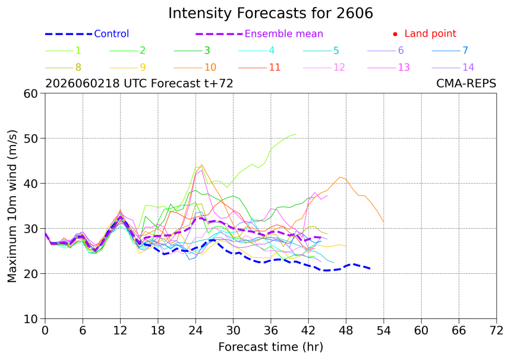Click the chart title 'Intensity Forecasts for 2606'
270,14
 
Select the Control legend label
112,34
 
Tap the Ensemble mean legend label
284,34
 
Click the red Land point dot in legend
395,34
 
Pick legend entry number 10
210,68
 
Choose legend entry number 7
465,50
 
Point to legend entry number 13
404,68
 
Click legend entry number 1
78,50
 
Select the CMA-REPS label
466,84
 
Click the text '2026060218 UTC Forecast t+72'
139,84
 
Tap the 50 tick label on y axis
31,138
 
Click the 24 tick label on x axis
195,331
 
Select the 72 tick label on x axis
496,331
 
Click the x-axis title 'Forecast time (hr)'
270,347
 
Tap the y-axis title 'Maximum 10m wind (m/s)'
12,206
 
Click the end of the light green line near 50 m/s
296,134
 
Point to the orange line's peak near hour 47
340,177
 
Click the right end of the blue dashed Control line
371,269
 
